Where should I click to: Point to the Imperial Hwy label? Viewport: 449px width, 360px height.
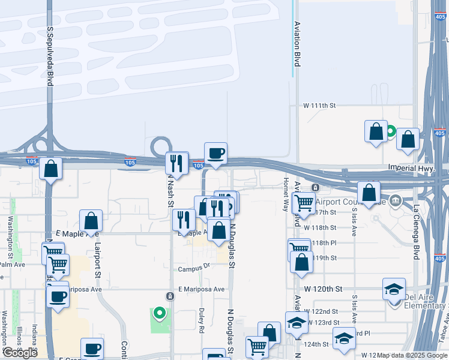[x=411, y=169]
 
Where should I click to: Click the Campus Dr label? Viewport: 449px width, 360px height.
[x=194, y=268]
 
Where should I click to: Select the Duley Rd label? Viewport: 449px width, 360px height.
[x=202, y=321]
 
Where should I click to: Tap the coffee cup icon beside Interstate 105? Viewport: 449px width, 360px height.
[x=215, y=154]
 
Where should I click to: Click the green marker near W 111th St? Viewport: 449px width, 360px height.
[x=390, y=131]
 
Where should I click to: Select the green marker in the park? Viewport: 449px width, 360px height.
[x=159, y=313]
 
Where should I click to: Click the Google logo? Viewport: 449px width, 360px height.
[x=20, y=353]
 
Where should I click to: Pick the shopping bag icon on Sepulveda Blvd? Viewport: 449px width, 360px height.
[x=51, y=169]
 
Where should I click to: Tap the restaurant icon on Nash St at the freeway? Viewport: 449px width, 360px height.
[x=176, y=163]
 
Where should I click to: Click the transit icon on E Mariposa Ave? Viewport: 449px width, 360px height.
[x=170, y=296]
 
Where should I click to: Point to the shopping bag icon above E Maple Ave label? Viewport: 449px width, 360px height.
[x=91, y=220]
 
